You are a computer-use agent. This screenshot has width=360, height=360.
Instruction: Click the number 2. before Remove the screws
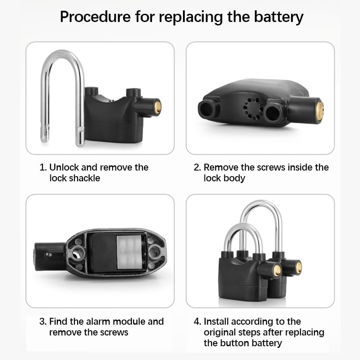(x=197, y=167)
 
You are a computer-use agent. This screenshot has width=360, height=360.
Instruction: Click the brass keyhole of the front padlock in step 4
(x=276, y=270)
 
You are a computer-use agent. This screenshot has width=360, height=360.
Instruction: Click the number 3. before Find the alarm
(x=43, y=321)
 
